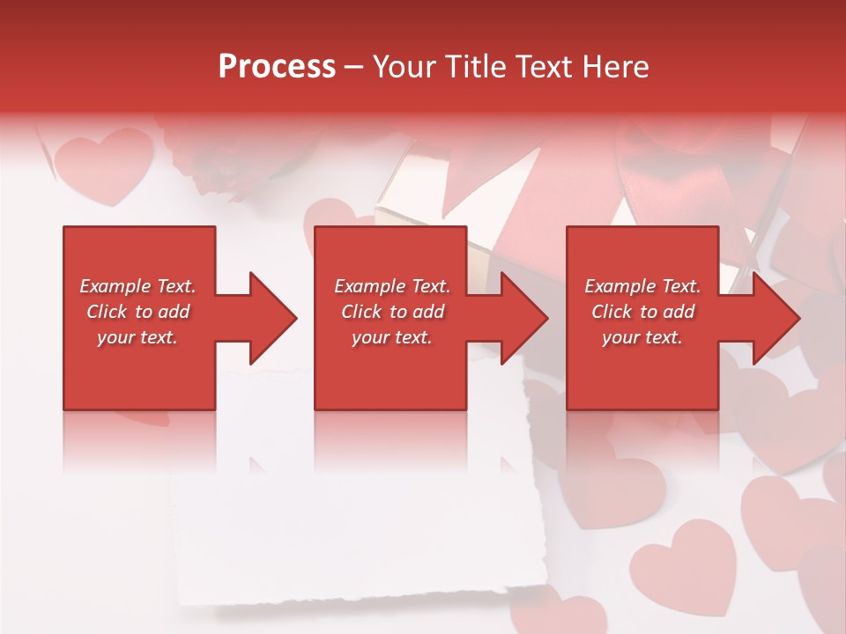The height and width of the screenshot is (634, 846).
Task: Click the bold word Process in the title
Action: click(x=277, y=67)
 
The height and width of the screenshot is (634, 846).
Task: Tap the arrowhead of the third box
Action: click(x=775, y=318)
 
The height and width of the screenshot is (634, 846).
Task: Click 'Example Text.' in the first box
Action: click(x=137, y=286)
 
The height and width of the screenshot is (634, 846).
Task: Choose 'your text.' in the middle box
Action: click(x=391, y=337)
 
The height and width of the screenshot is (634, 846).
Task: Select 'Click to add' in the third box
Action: click(x=642, y=312)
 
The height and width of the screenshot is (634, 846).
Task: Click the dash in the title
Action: click(x=354, y=67)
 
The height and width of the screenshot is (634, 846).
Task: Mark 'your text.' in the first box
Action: click(x=137, y=337)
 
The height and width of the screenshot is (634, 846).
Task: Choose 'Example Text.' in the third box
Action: click(x=642, y=286)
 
